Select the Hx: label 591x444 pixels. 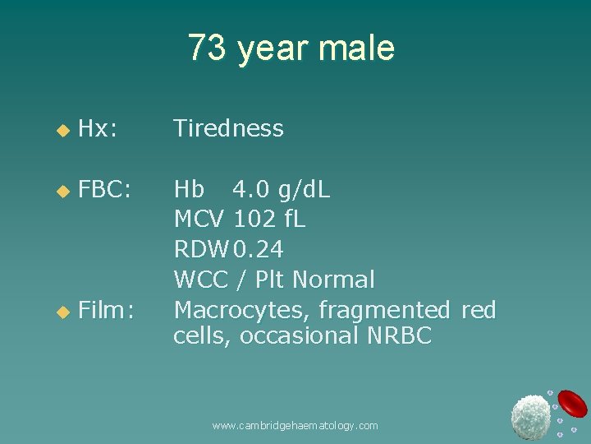click(98, 128)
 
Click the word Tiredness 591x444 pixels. click(228, 128)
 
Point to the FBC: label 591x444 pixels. click(105, 191)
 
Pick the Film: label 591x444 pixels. click(107, 309)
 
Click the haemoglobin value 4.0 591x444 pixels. click(250, 191)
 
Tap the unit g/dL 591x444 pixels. click(304, 191)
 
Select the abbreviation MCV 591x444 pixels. click(199, 220)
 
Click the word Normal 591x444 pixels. click(333, 280)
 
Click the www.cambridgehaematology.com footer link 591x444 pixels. click(295, 425)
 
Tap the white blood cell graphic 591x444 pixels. click(530, 415)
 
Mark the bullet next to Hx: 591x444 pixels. click(59, 129)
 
